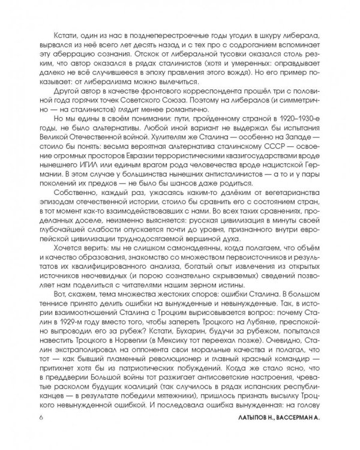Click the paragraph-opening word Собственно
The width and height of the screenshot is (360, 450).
click(71, 203)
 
